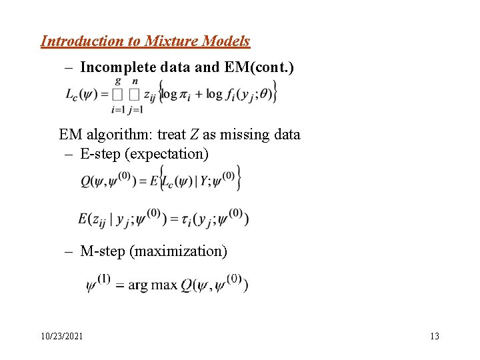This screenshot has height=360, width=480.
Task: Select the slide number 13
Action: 435,336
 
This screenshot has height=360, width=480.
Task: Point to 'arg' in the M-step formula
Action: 138,285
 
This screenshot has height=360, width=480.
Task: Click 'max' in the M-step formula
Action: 164,285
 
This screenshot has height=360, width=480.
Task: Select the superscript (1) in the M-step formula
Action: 104,278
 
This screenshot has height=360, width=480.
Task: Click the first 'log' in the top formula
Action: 171,94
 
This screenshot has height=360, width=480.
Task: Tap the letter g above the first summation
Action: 118,81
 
